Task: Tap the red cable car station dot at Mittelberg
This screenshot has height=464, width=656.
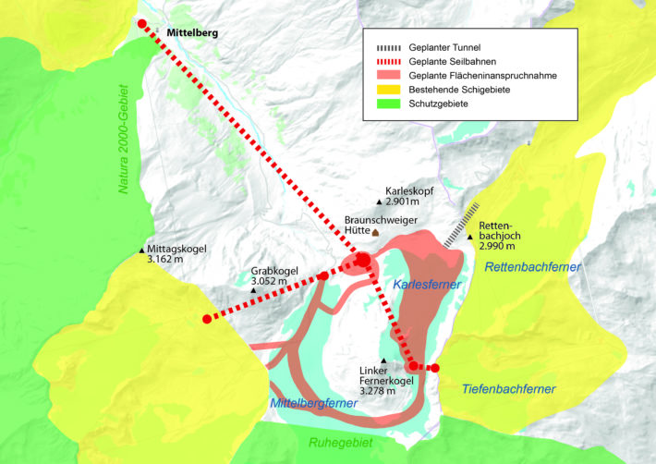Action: click(141, 23)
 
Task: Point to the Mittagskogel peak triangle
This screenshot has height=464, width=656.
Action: click(141, 250)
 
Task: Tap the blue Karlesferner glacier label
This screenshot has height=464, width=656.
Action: click(427, 285)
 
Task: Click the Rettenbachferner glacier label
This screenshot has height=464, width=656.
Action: click(533, 267)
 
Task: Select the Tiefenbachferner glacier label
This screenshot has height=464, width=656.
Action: click(508, 389)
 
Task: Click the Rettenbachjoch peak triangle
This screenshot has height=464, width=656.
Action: click(470, 237)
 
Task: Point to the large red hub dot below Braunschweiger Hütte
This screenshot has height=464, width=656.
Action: click(362, 263)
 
